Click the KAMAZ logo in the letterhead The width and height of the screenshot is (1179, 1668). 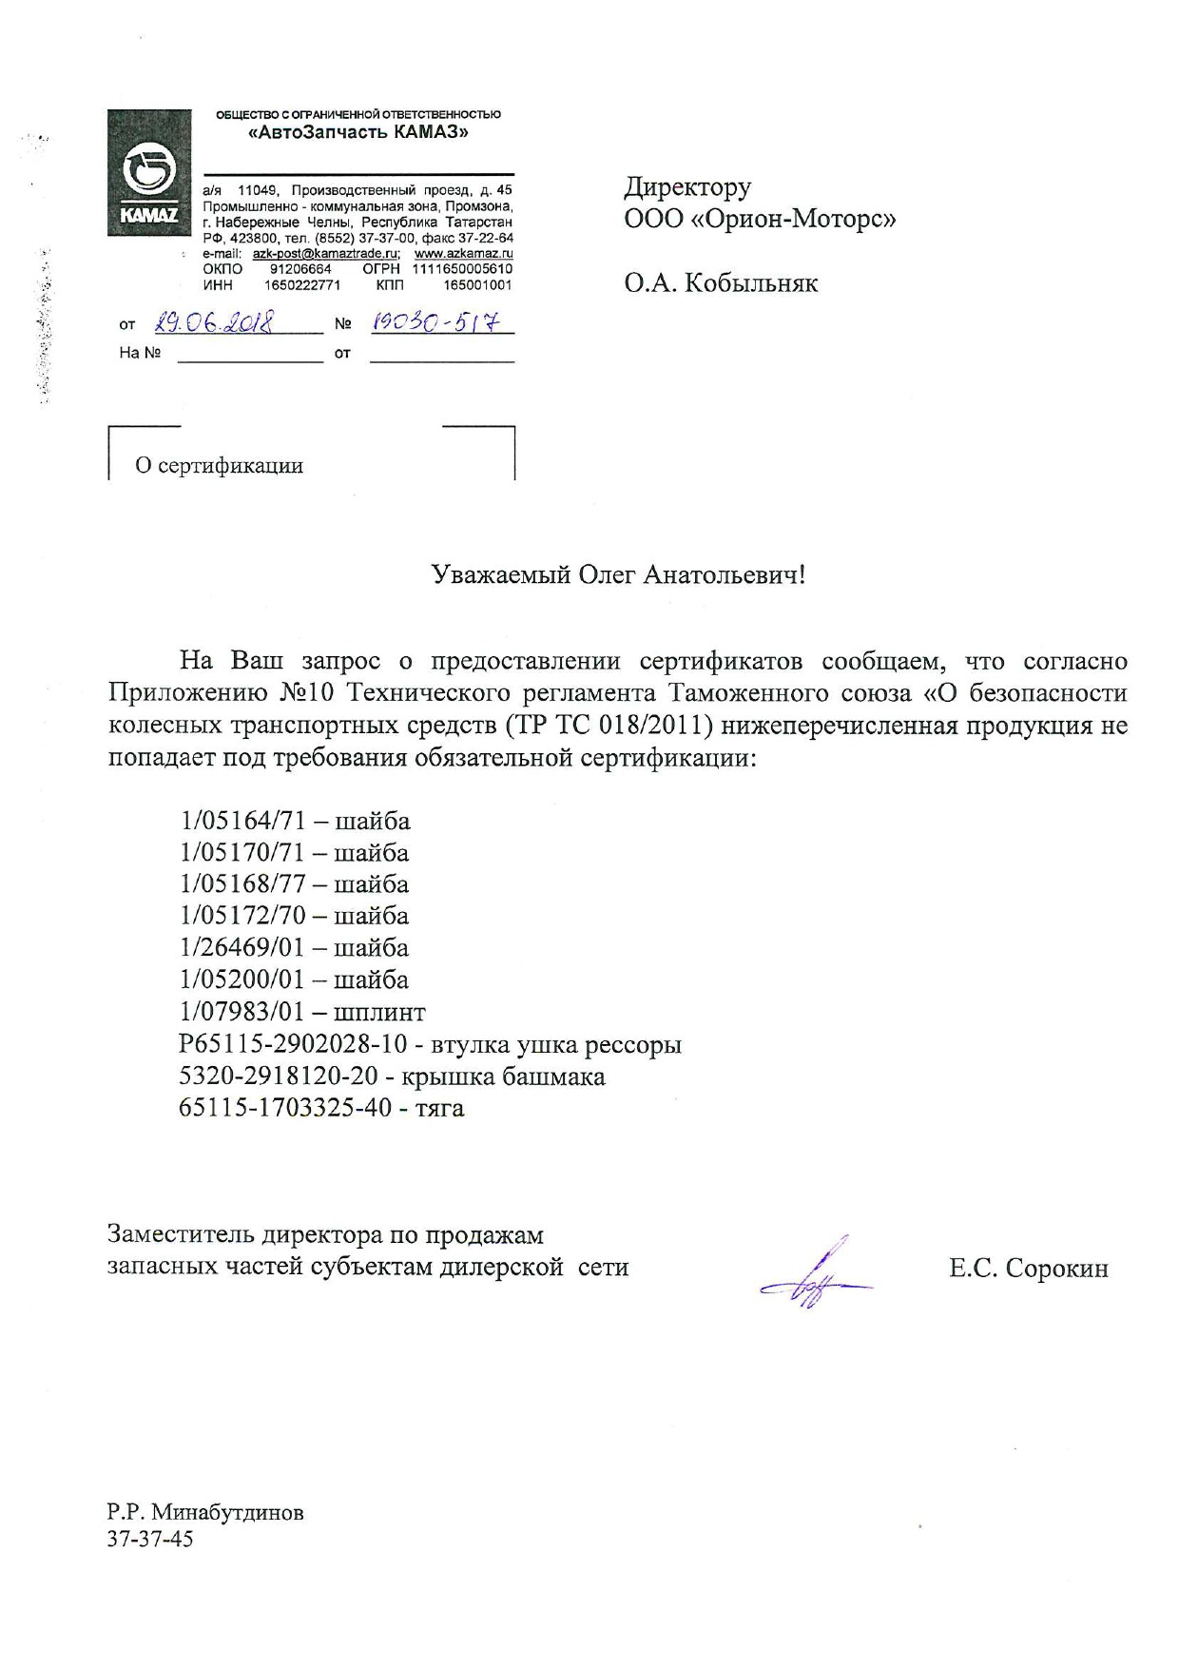click(149, 172)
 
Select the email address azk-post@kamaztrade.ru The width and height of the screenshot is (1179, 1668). click(325, 254)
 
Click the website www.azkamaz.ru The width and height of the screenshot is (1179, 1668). click(463, 254)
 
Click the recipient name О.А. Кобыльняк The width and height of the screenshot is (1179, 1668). click(721, 283)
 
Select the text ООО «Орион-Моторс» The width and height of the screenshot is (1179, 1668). click(760, 219)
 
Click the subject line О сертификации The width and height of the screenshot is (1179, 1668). click(219, 465)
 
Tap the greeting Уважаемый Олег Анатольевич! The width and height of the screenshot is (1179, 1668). click(618, 574)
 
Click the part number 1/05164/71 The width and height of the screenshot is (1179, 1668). click(242, 821)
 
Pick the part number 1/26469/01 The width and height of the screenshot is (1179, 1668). click(242, 948)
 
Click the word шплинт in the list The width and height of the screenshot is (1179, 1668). click(379, 1012)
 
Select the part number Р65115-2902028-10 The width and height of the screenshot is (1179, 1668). click(293, 1044)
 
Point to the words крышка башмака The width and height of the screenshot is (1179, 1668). click(503, 1076)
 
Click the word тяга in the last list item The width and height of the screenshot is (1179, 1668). click(439, 1108)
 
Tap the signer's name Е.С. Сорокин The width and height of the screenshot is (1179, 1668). click(1028, 1269)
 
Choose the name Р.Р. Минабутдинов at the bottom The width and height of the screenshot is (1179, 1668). click(205, 1512)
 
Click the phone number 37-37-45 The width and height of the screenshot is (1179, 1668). click(150, 1539)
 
